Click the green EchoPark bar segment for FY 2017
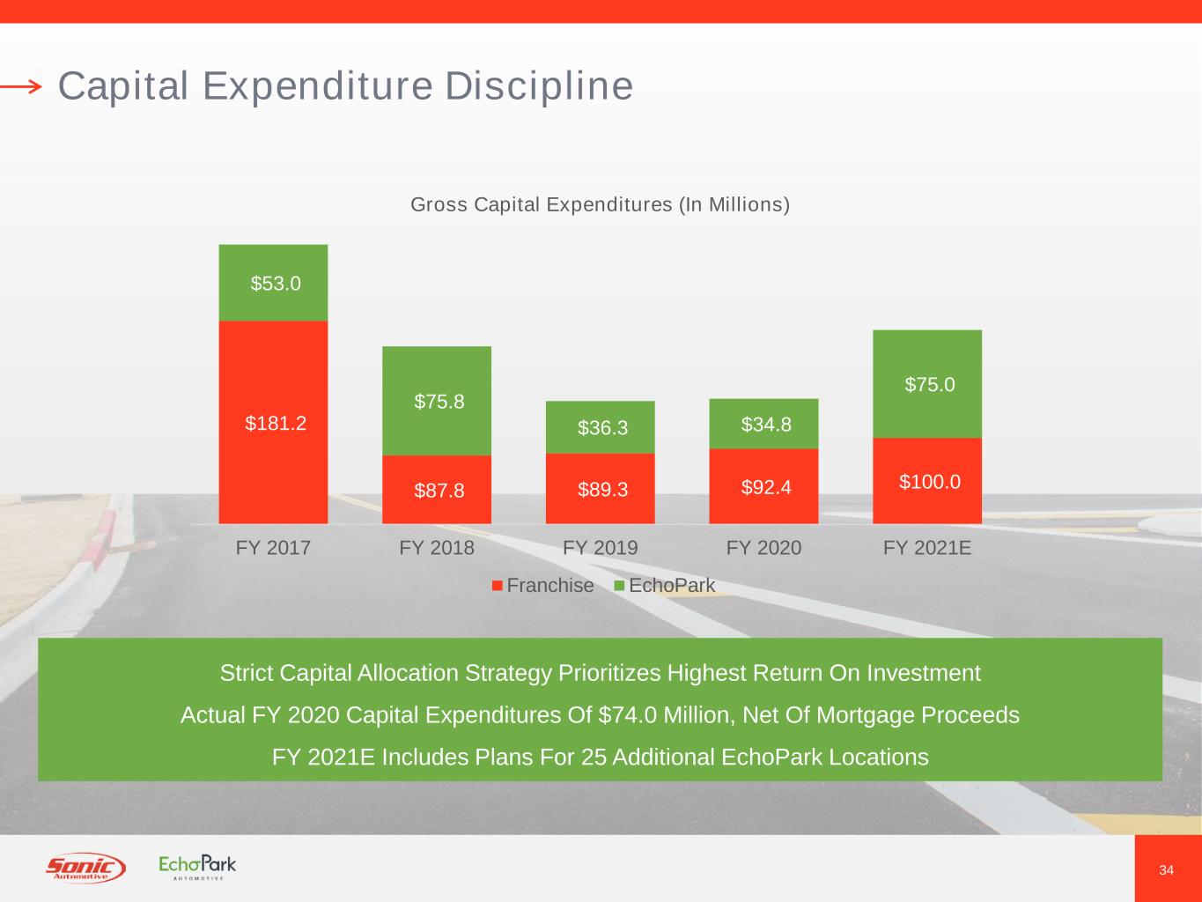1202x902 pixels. (273, 283)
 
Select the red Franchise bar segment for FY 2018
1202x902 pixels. (437, 489)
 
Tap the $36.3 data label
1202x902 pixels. (602, 428)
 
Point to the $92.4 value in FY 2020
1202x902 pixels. (766, 487)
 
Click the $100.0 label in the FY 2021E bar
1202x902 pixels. (929, 482)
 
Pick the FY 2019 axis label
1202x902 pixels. (601, 548)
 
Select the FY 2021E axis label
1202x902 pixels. (927, 548)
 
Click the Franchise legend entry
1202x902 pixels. (542, 586)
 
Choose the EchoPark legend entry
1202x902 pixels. (665, 586)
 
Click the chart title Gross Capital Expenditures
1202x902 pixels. (601, 204)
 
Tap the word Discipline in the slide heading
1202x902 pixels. (539, 86)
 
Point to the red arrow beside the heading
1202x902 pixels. (21, 86)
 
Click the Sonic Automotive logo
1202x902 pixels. (85, 868)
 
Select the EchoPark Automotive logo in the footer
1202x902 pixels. (197, 868)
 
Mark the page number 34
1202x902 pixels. (1166, 870)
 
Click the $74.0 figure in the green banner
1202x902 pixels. (628, 714)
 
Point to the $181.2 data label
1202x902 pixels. (276, 423)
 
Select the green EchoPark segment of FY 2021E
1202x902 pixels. (927, 384)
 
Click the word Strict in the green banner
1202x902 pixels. (246, 672)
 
